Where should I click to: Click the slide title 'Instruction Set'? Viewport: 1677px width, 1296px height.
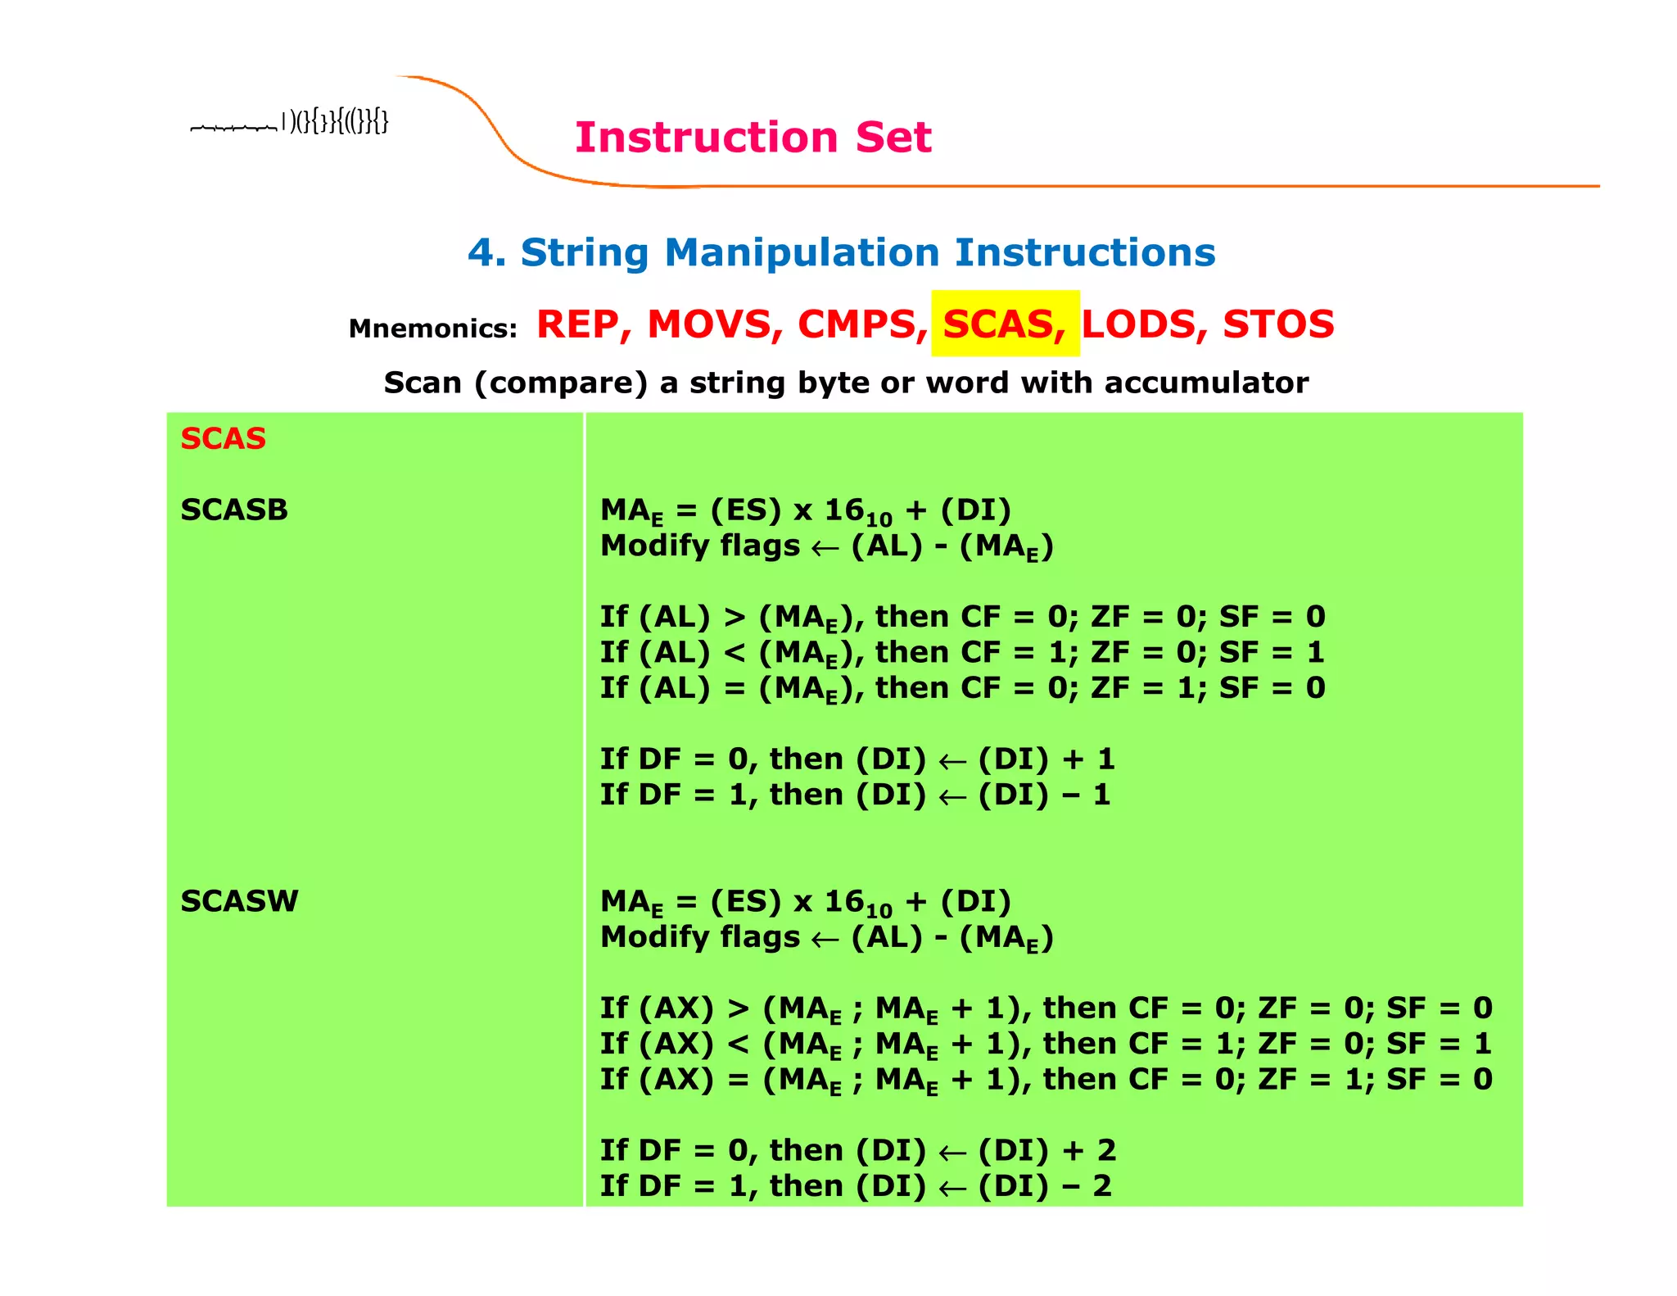coord(753,137)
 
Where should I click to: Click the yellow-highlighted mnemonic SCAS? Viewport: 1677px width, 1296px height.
coord(1004,324)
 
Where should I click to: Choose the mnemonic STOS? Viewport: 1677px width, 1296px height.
coord(1277,324)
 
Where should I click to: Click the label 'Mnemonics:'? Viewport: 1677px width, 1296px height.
coord(432,329)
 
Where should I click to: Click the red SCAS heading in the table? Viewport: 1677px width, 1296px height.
coord(223,438)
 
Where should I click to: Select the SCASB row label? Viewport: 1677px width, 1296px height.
coord(234,510)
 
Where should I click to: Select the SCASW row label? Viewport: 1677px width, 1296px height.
coord(239,901)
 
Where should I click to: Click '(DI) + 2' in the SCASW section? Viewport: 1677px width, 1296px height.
coord(1046,1150)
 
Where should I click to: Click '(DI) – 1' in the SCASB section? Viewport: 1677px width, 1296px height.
coord(1044,795)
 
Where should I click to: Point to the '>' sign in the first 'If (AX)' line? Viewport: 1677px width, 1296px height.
coord(738,1008)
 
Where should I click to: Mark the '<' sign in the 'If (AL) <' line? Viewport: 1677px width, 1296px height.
coord(735,653)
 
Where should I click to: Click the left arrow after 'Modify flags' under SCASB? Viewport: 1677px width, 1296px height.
coord(825,548)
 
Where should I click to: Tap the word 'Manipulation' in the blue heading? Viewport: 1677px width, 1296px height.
coord(802,252)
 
